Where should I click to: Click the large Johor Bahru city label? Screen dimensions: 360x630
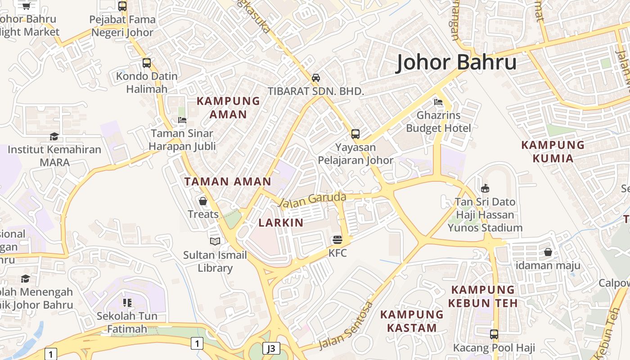pos(456,62)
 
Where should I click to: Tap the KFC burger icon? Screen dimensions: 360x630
pos(337,239)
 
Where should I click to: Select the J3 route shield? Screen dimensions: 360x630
pos(271,348)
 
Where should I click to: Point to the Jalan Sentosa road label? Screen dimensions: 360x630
pos(346,325)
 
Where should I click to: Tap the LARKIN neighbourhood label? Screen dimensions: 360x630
pos(281,223)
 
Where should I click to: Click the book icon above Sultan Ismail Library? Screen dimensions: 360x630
pos(215,242)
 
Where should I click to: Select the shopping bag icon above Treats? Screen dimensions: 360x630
pos(203,201)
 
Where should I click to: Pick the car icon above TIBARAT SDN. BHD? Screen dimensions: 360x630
pos(316,77)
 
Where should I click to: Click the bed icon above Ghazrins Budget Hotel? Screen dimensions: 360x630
pos(438,102)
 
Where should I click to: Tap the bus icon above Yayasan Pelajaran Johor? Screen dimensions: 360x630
pos(355,134)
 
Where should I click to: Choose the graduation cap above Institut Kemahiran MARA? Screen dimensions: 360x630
pos(54,136)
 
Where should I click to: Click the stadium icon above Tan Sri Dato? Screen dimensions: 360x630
pos(485,188)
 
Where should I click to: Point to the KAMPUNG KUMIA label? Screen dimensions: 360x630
pos(553,152)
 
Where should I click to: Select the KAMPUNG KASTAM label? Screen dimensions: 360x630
pos(412,321)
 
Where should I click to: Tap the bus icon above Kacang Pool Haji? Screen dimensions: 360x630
pos(494,334)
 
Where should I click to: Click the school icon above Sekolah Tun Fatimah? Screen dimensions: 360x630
pos(127,303)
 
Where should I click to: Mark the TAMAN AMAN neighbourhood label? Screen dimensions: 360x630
pos(228,182)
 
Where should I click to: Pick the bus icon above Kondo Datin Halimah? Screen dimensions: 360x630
pos(146,63)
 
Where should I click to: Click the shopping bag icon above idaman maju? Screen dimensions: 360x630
pos(548,252)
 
